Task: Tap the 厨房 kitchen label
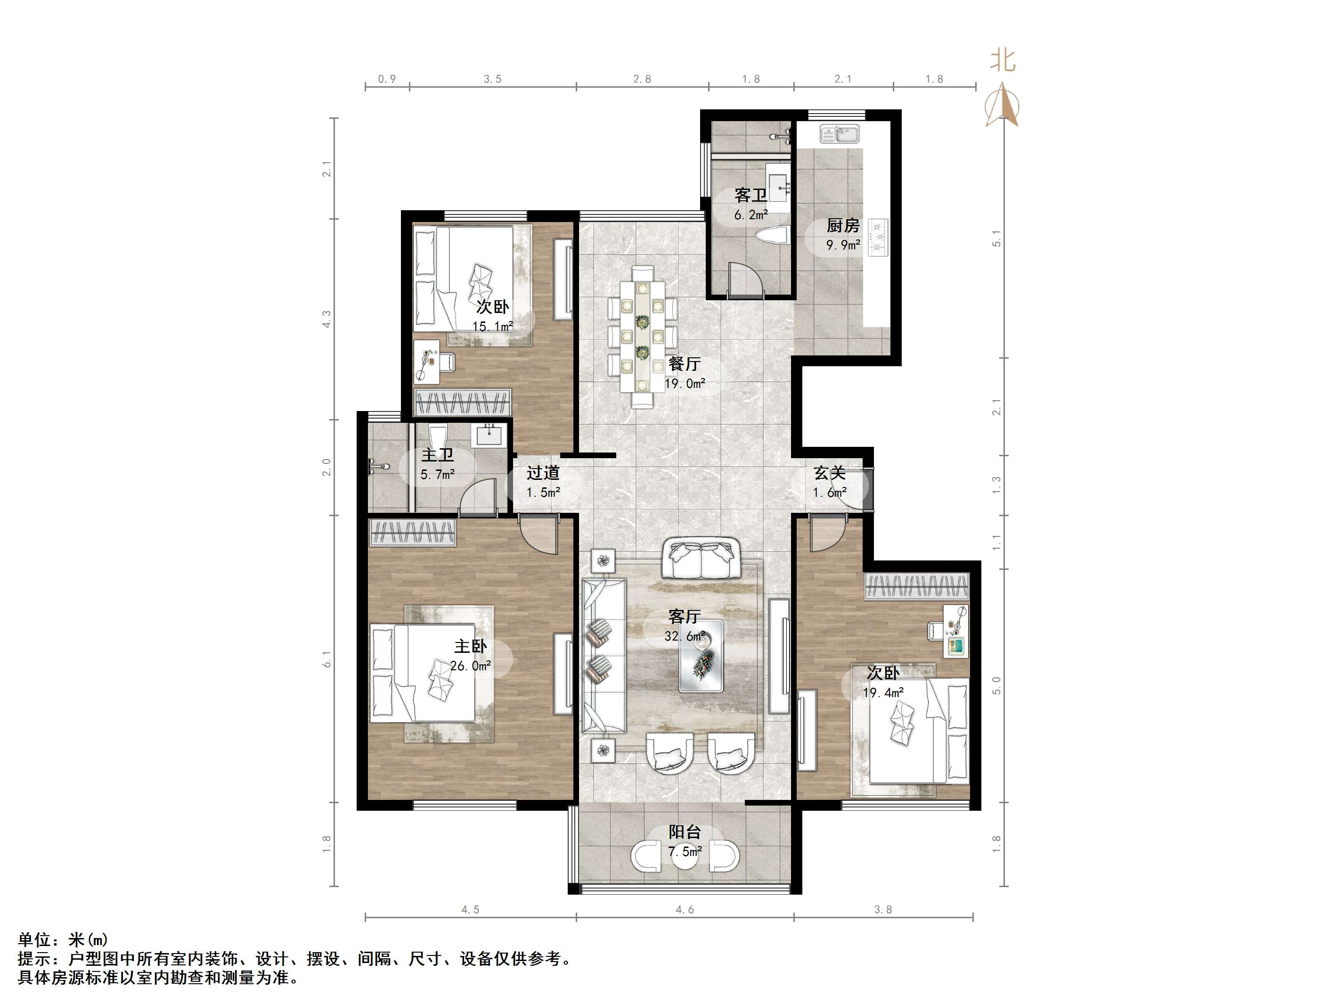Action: (x=843, y=226)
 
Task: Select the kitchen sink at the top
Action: (x=840, y=134)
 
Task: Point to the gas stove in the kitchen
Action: (x=878, y=237)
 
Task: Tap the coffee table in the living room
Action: (x=701, y=655)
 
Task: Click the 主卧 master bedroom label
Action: (x=471, y=646)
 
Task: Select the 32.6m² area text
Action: (x=685, y=636)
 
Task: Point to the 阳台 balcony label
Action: (x=684, y=831)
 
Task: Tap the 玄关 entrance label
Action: (x=829, y=473)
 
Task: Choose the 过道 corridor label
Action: (x=543, y=473)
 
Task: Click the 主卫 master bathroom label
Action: (x=437, y=455)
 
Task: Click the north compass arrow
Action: (x=1003, y=106)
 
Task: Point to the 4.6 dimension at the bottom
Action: (x=685, y=910)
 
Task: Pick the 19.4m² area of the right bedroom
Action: (x=883, y=692)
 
